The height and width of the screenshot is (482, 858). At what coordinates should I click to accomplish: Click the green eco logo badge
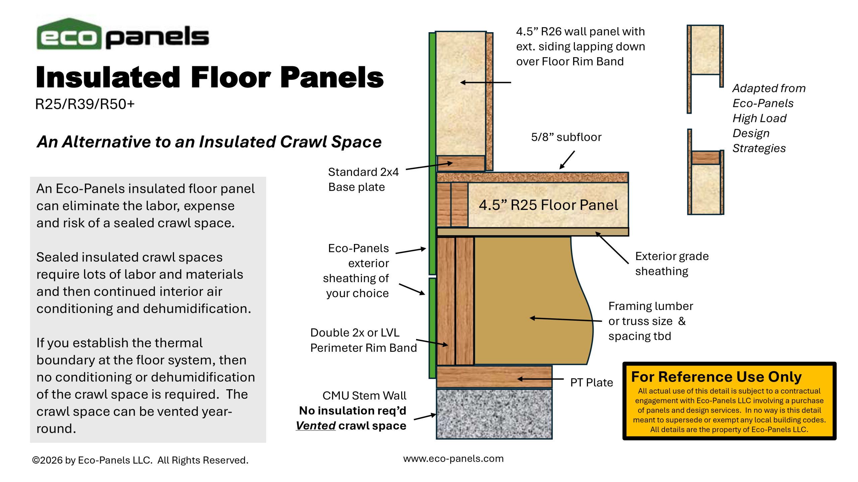69,34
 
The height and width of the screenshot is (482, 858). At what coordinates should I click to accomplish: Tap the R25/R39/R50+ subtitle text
85,104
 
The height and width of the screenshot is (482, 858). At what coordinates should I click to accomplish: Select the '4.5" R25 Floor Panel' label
548,205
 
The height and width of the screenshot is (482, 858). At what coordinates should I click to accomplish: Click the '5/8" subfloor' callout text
566,137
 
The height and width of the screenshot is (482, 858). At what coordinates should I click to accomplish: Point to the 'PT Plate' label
592,382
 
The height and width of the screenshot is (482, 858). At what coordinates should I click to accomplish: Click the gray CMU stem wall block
494,414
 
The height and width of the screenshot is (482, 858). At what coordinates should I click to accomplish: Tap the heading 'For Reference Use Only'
716,377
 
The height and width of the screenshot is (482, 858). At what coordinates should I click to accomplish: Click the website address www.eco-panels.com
453,459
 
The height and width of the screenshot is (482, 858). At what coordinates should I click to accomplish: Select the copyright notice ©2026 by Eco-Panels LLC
140,460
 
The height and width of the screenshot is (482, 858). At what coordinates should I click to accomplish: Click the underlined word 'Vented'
316,426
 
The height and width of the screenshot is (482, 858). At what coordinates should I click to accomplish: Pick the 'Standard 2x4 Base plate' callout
363,179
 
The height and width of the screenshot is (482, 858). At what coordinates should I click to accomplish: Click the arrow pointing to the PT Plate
540,379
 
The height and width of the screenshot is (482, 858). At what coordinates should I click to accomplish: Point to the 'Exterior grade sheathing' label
672,263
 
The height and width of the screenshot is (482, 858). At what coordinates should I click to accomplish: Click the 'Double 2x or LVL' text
355,333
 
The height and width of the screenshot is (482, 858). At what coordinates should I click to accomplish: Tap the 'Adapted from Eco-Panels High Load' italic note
769,103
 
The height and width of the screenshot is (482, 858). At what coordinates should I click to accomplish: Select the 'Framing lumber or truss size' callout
650,314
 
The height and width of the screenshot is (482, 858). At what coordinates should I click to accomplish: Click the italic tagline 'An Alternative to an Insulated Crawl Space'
209,142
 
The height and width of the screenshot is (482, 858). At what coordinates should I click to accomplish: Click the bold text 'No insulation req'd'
353,411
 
